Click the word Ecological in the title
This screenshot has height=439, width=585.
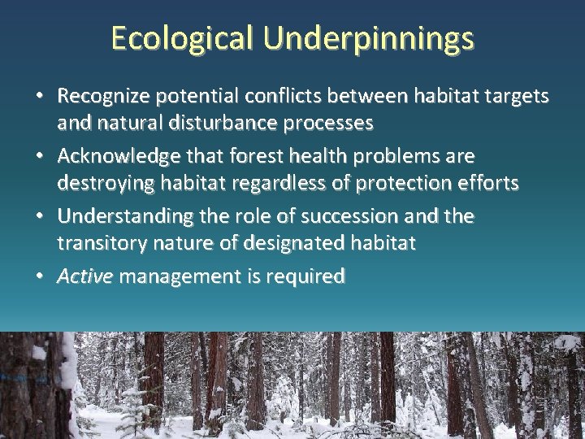182,38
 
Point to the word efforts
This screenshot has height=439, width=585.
488,184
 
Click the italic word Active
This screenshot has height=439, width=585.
84,276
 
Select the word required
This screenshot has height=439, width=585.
307,276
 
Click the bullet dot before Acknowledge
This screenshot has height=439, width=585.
41,155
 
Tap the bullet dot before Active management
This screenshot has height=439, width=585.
41,277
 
